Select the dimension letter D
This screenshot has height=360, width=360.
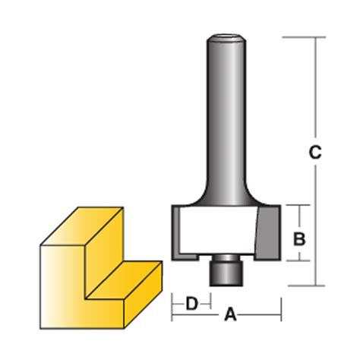[x=192, y=304]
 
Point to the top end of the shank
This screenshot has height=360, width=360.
[x=225, y=35]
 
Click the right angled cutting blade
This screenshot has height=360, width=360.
[x=268, y=231]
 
